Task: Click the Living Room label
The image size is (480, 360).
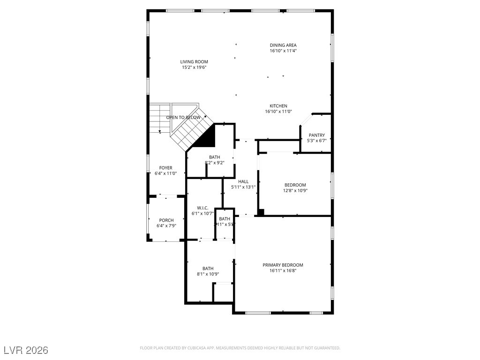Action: (194, 62)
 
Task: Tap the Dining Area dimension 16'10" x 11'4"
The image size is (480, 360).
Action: (283, 51)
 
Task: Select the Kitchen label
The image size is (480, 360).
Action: (278, 106)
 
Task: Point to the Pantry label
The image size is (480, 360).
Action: (316, 135)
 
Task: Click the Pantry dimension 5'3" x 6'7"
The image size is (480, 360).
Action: (316, 141)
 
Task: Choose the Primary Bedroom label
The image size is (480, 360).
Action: (283, 265)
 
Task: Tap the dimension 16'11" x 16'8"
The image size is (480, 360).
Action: (283, 270)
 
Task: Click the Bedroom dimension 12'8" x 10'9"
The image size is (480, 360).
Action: (295, 190)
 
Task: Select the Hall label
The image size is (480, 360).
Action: (243, 181)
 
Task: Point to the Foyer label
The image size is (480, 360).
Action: (165, 168)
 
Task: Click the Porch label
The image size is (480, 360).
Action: (166, 220)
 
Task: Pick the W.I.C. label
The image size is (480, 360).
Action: (202, 208)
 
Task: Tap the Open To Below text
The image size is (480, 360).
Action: (183, 118)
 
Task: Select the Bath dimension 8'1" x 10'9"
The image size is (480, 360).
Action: (208, 274)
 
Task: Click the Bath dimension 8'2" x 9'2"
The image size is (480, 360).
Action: (214, 163)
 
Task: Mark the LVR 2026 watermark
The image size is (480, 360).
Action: (26, 350)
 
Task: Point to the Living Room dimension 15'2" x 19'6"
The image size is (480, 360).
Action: (194, 67)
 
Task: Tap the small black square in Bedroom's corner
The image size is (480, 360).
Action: (261, 212)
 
